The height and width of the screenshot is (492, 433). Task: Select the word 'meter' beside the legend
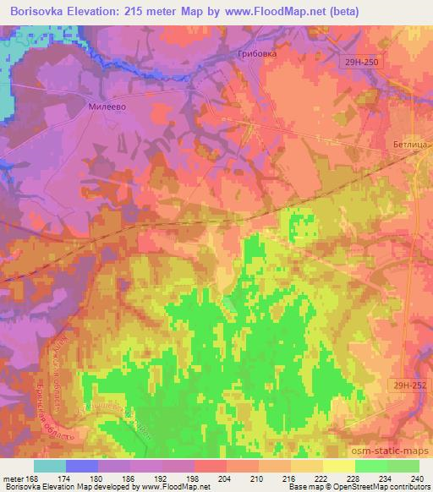tap(14, 478)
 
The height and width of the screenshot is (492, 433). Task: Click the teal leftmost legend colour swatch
tap(50, 466)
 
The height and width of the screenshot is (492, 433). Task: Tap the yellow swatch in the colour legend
tap(338, 466)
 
